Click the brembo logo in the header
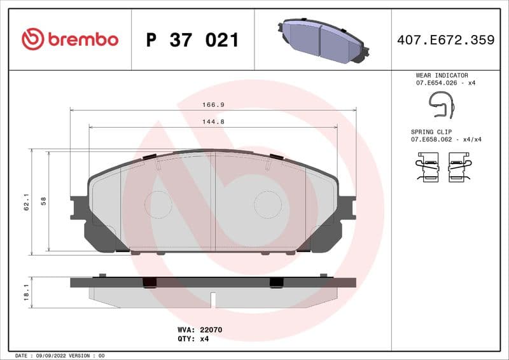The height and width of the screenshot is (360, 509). tap(70, 39)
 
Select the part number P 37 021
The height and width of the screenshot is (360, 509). tap(192, 40)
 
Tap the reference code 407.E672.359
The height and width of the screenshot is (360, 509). tap(445, 40)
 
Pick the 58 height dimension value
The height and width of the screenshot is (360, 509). tap(43, 201)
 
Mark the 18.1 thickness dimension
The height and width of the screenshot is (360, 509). tap(26, 292)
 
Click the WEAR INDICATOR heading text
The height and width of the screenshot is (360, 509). tap(442, 75)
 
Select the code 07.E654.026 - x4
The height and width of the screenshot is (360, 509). tap(445, 83)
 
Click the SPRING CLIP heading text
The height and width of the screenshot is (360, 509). tap(434, 131)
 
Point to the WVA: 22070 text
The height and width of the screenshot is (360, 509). tap(199, 330)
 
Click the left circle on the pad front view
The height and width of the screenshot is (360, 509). tap(158, 204)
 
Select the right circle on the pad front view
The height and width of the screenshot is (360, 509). tap(268, 204)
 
